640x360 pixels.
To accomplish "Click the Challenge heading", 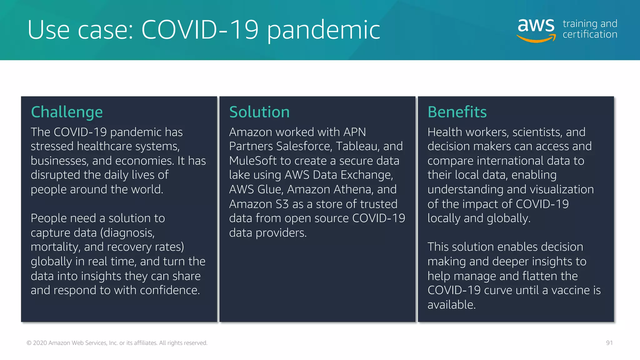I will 67,112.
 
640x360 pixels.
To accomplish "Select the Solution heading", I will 259,112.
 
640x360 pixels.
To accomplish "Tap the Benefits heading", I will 457,112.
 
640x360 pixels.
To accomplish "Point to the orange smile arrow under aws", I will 536,39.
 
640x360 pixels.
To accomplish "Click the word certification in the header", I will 590,34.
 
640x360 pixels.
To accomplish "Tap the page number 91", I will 609,343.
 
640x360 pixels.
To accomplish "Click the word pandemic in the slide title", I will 323,30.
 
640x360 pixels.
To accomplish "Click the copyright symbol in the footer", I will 29,343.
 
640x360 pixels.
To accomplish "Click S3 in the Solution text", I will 282,204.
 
